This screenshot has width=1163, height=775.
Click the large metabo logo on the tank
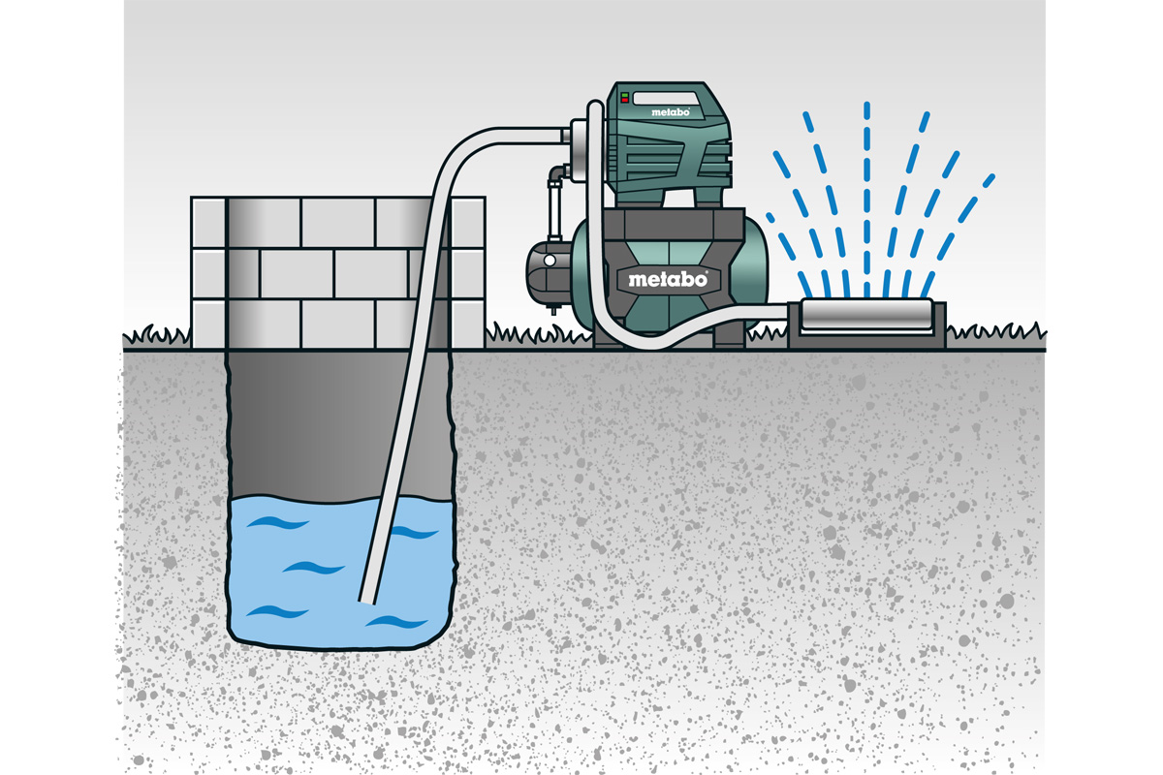(x=668, y=279)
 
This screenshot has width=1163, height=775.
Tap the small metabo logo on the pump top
(x=671, y=112)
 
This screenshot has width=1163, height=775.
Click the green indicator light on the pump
(x=624, y=96)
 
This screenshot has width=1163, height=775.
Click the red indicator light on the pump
(x=624, y=100)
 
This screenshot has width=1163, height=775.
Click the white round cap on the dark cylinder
(x=550, y=261)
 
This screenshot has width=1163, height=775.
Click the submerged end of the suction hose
(x=367, y=601)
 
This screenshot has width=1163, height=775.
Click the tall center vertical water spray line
(x=866, y=200)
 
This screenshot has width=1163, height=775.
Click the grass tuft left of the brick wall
(x=157, y=335)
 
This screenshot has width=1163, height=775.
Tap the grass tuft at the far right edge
(x=996, y=333)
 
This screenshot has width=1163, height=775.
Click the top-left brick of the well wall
(x=208, y=222)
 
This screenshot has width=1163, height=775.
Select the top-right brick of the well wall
(x=468, y=222)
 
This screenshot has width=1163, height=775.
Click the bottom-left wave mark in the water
(x=277, y=612)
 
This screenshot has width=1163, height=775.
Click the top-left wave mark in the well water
(x=277, y=523)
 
